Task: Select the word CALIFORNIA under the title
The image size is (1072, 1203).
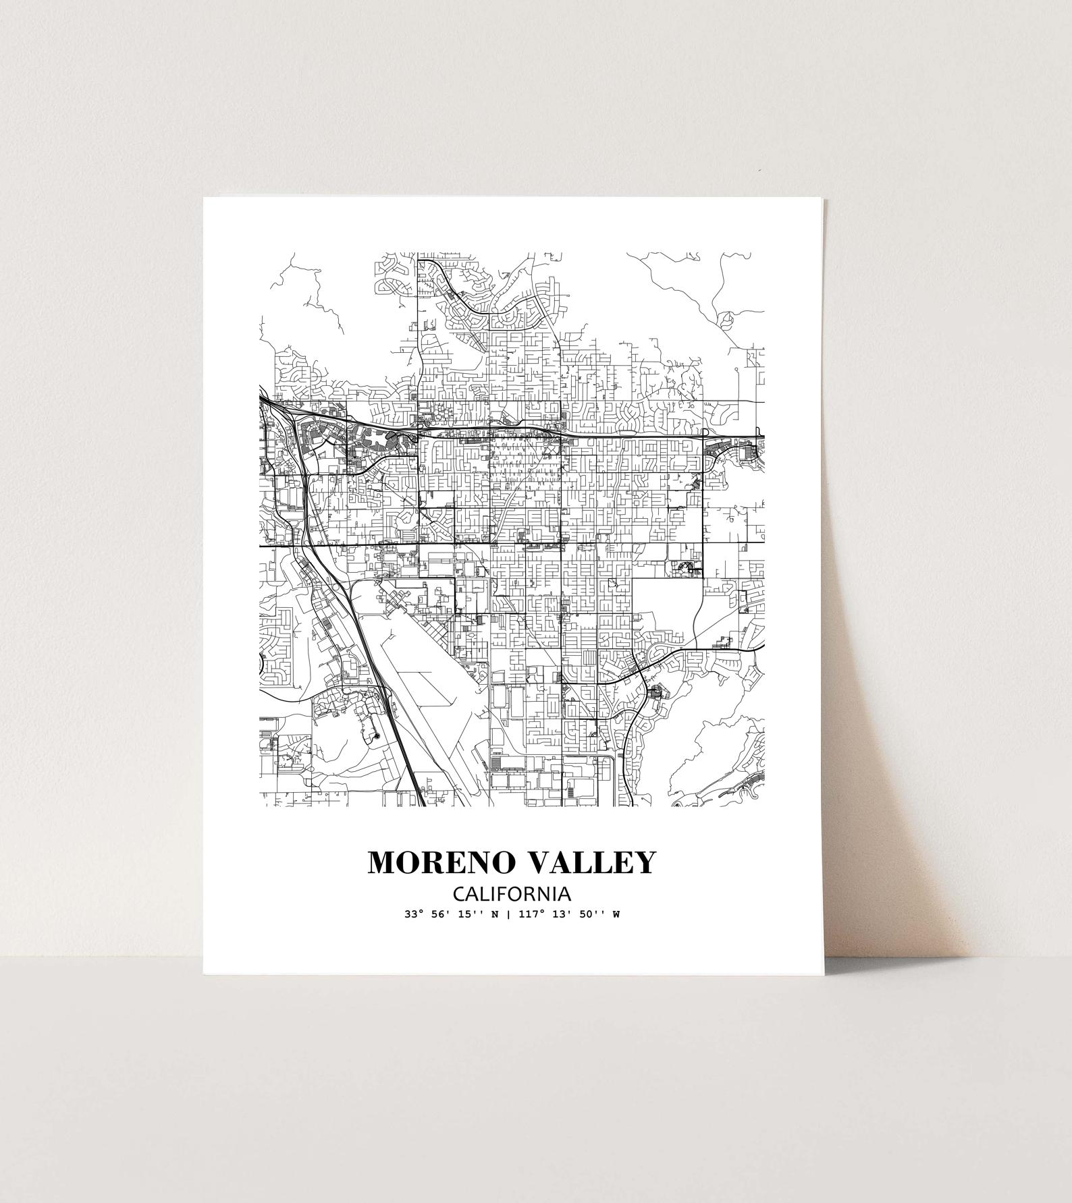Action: point(512,894)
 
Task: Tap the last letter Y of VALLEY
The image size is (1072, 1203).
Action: point(644,863)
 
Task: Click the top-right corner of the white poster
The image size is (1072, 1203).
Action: point(824,199)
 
